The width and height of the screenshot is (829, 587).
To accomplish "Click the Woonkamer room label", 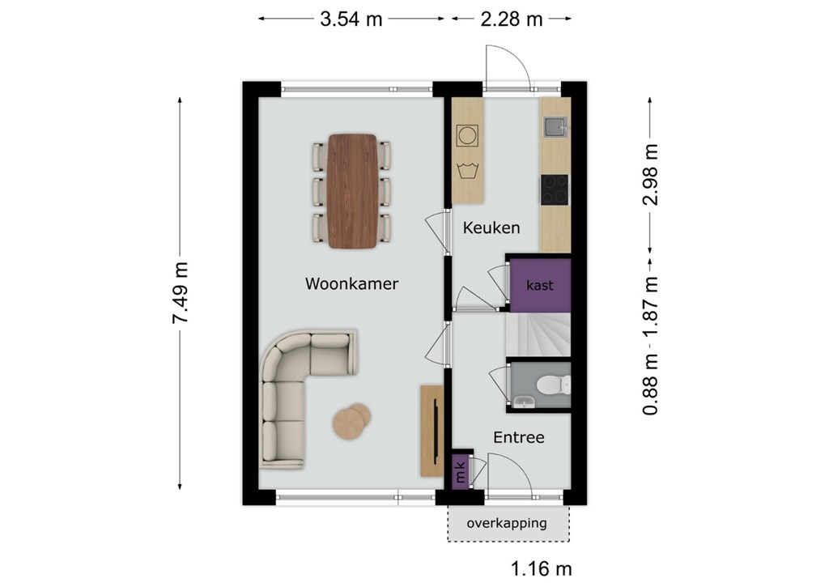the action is [351, 283].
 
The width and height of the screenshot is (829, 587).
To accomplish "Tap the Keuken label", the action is [491, 228].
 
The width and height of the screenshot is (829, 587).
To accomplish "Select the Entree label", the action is [519, 437].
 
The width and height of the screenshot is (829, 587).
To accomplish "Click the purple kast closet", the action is [540, 286].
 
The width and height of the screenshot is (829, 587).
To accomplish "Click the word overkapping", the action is [507, 524].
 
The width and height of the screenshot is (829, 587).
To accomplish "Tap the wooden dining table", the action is [352, 191].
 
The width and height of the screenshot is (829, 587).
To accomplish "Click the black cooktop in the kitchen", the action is [555, 189].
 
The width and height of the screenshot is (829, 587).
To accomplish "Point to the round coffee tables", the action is [351, 420].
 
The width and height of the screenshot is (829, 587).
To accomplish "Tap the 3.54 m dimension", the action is [351, 19].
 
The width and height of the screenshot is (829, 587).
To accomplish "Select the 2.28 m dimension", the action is [512, 19].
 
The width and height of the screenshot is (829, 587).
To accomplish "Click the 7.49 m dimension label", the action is [181, 292].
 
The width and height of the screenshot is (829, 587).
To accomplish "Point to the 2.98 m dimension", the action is [650, 175].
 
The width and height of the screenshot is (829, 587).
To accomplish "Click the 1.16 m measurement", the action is [542, 569].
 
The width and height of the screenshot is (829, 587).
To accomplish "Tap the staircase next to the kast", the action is [538, 336].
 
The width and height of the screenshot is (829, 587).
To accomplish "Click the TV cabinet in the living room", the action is [432, 431].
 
